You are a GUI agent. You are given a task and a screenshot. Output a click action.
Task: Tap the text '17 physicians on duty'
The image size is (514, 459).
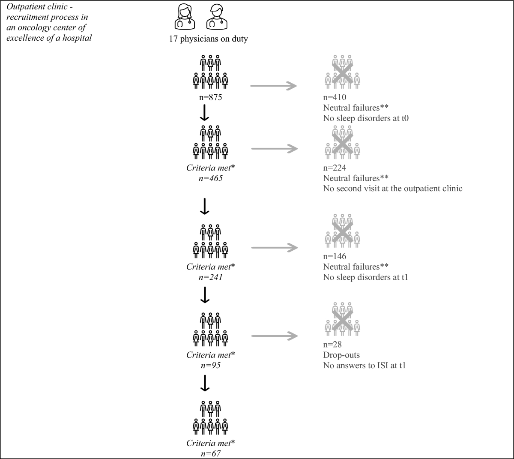point(208,39)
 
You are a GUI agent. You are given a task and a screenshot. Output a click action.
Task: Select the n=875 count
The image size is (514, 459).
point(210,97)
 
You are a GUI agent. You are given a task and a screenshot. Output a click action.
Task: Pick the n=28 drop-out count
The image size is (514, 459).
point(332,345)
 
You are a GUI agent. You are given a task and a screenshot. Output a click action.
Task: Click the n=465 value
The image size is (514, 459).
point(210,178)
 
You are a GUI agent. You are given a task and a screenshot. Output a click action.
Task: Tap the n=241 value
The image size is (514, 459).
point(210,277)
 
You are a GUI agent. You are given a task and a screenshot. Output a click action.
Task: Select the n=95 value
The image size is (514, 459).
point(210,366)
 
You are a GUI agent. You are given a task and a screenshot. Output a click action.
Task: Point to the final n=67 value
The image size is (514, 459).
point(210,453)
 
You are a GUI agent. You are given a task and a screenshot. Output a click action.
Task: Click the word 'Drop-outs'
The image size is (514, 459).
point(341,355)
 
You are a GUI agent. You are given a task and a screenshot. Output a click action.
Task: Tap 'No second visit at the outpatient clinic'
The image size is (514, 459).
point(393,188)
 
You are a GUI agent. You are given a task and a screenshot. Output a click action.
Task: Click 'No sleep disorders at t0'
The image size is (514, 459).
point(366,118)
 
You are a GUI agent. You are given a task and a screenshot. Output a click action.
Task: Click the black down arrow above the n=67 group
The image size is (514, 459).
point(205,383)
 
